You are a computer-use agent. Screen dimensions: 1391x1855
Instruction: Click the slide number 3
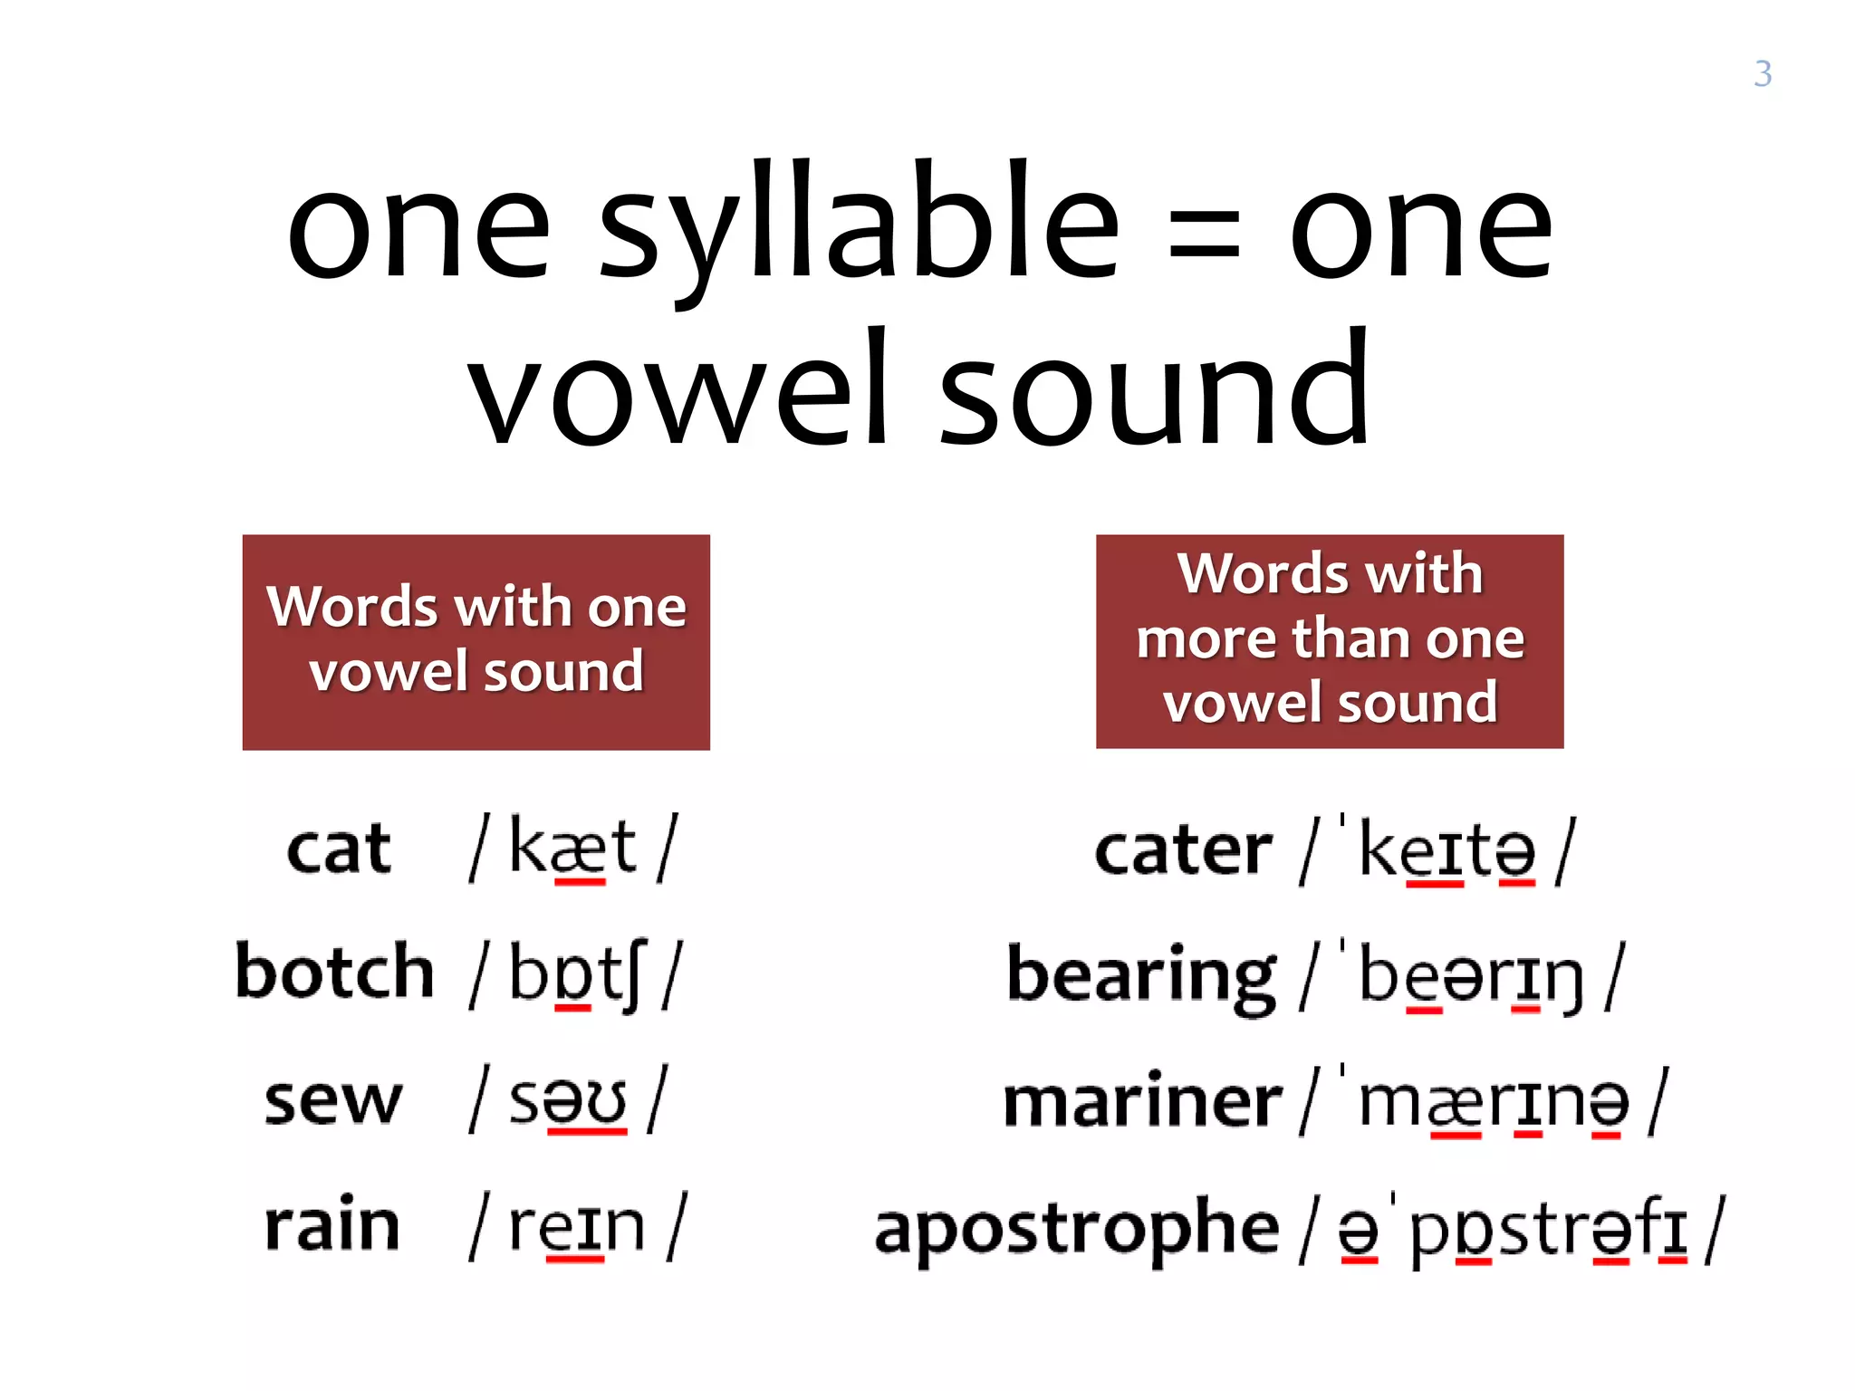point(1762,74)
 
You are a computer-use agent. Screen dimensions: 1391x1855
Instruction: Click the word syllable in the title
point(859,226)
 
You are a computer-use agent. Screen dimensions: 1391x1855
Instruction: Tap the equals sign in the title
point(1204,241)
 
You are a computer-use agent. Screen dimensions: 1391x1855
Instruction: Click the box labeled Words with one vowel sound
point(476,641)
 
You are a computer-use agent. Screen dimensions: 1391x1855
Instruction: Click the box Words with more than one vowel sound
point(1329,641)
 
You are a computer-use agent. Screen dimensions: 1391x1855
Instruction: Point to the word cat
point(339,849)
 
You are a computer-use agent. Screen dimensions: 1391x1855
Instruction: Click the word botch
point(334,973)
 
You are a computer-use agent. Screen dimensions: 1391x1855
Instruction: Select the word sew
point(332,1101)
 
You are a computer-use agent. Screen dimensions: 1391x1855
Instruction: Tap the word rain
point(332,1225)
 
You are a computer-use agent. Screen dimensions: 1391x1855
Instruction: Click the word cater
point(1183,851)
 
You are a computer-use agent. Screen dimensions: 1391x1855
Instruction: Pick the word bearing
point(1141,978)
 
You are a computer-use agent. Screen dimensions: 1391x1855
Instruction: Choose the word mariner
point(1142,1102)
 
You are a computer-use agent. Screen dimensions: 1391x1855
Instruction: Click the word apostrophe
point(1076,1230)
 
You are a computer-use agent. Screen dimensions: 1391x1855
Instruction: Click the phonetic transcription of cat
point(572,848)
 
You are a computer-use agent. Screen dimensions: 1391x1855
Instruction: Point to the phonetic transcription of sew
point(568,1101)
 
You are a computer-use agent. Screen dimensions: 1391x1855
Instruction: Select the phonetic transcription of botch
point(576,974)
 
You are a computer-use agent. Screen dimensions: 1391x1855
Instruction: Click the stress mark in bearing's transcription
point(1343,947)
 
